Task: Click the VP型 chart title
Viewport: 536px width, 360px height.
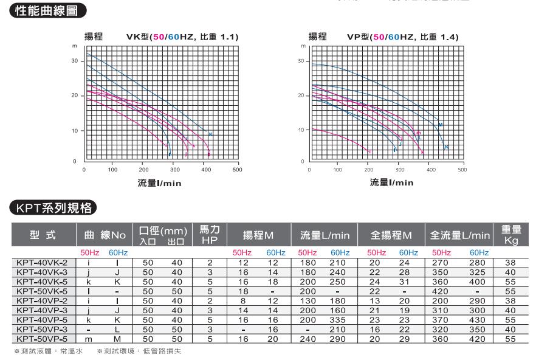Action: (x=402, y=38)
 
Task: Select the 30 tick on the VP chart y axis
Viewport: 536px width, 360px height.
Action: (x=300, y=61)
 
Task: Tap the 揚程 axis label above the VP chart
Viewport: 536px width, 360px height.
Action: (x=318, y=38)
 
